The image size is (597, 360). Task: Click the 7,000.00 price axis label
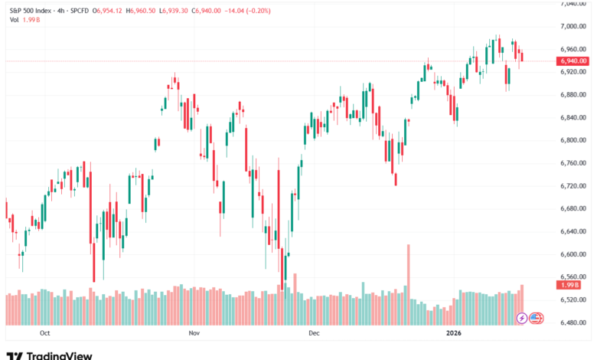[573, 26]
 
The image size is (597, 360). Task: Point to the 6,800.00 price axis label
[573, 140]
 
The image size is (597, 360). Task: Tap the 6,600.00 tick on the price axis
[573, 254]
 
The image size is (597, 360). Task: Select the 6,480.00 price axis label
[573, 322]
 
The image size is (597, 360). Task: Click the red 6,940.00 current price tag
[573, 61]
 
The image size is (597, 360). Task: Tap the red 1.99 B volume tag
[569, 285]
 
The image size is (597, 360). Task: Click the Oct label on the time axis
[44, 334]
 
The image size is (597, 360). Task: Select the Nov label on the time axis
[194, 334]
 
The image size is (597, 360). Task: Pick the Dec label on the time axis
[313, 334]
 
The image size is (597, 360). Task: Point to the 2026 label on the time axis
[455, 334]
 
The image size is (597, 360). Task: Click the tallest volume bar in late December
[409, 273]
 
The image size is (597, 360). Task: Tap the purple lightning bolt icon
[523, 317]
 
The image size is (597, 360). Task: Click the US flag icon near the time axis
[536, 317]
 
